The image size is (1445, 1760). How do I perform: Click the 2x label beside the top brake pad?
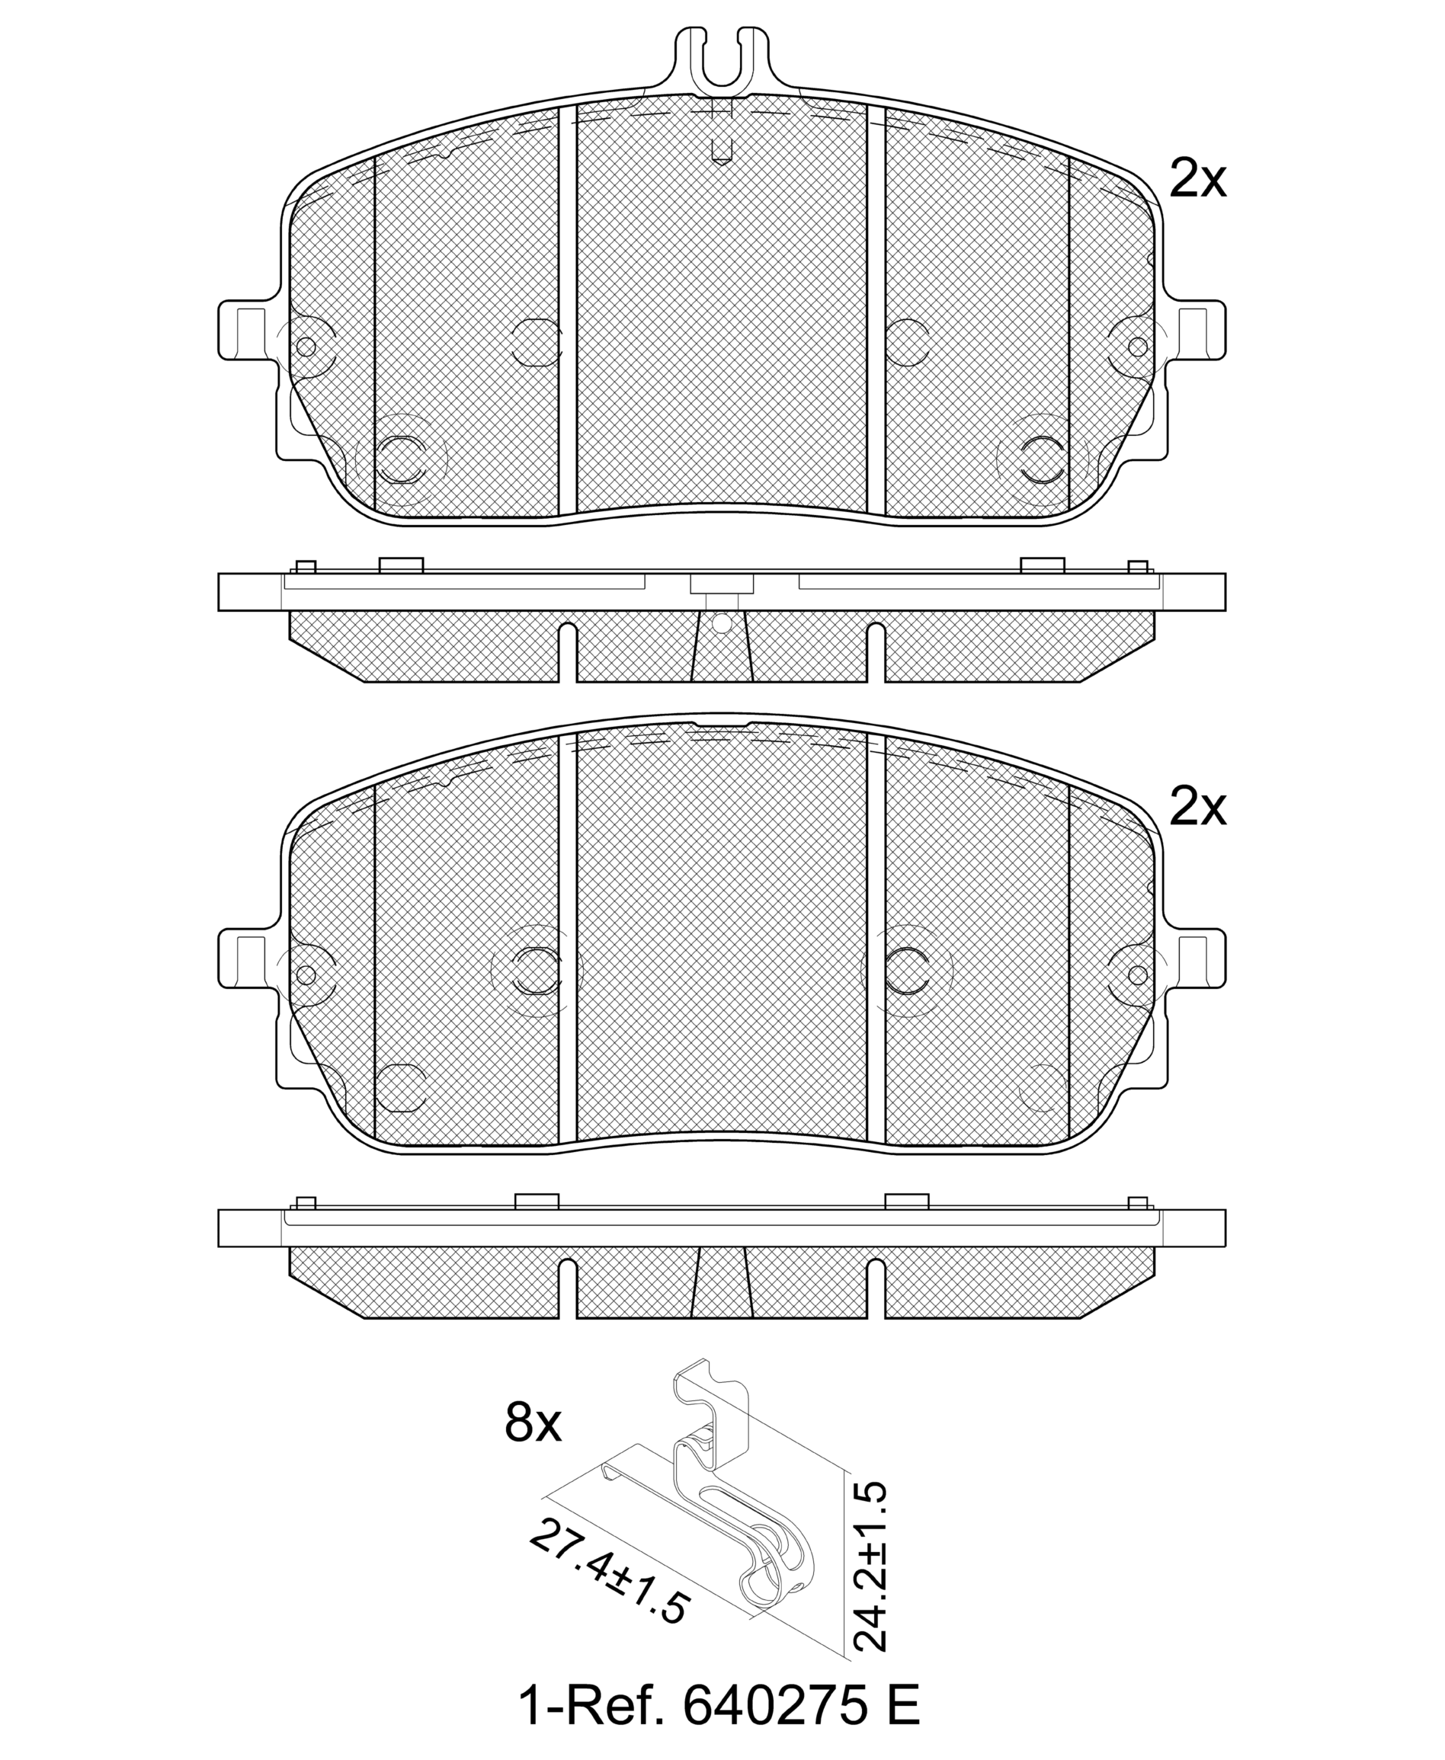point(1197,179)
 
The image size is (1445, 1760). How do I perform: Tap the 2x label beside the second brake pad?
point(1197,807)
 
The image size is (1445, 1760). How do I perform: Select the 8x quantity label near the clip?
point(533,1424)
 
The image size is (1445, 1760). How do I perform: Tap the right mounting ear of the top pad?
point(1195,331)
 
